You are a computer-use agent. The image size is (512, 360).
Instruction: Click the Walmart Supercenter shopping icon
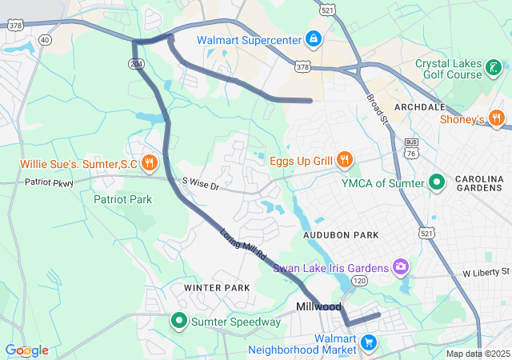click(x=313, y=38)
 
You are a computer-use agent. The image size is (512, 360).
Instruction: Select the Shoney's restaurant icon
click(x=497, y=119)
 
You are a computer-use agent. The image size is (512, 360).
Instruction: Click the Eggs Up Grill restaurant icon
click(x=345, y=160)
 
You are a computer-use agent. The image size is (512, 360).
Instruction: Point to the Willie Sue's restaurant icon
click(x=149, y=163)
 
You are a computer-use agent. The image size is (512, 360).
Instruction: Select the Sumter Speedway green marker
click(x=179, y=322)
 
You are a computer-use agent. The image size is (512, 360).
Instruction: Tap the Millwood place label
click(x=318, y=307)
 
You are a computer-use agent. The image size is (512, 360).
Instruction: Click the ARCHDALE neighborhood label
click(x=419, y=107)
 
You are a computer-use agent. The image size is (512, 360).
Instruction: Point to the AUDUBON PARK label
click(x=340, y=235)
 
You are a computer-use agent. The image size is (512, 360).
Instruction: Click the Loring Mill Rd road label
click(x=243, y=245)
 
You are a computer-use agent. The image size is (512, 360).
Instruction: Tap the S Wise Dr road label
click(x=200, y=185)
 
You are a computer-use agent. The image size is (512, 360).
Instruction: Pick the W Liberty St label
click(x=486, y=274)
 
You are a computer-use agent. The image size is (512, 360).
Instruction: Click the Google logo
click(x=26, y=350)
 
